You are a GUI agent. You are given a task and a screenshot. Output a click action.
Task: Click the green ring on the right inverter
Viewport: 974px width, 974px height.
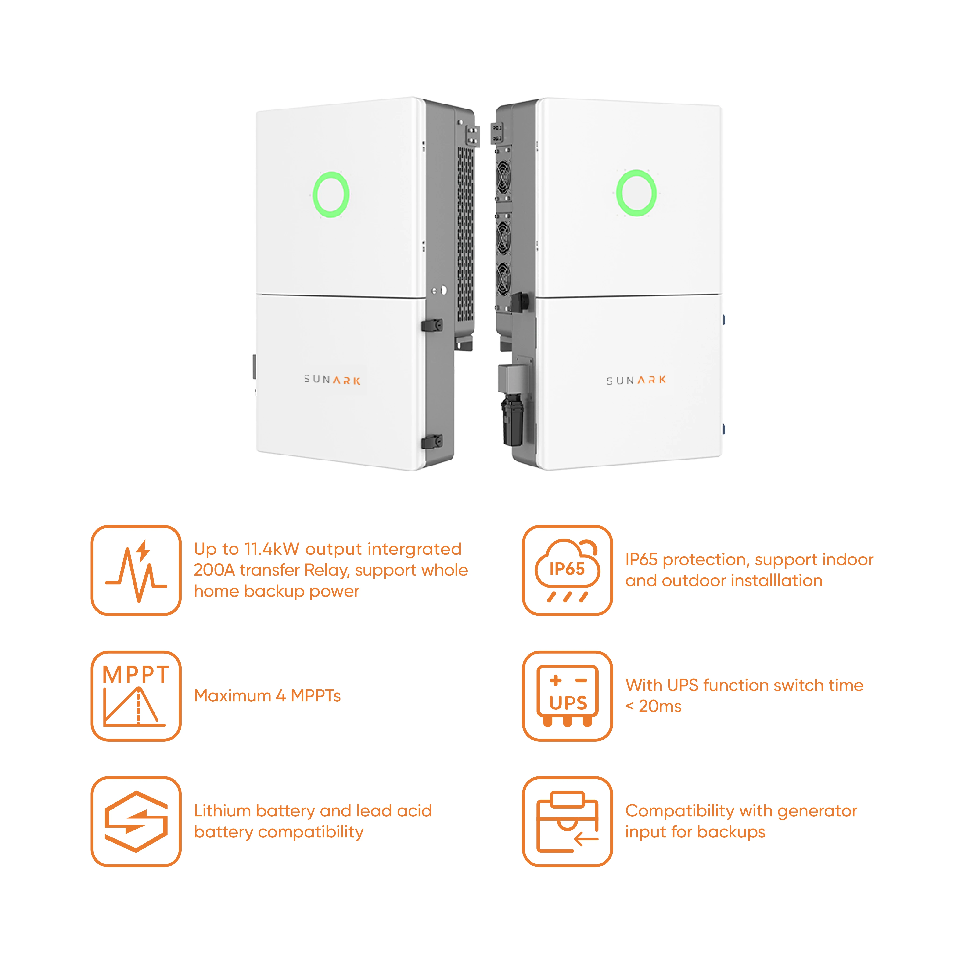[636, 193]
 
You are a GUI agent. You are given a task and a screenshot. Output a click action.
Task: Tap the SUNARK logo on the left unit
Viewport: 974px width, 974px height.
[332, 380]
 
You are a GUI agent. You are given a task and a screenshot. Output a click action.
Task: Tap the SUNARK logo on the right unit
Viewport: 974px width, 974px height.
[636, 380]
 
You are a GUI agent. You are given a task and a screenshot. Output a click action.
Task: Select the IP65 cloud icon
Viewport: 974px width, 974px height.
[567, 570]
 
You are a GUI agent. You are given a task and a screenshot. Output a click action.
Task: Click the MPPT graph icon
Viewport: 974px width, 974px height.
[136, 696]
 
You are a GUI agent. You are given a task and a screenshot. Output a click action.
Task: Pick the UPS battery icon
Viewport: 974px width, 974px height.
[567, 696]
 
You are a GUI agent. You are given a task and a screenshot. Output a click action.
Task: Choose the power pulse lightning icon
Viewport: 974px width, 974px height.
[136, 570]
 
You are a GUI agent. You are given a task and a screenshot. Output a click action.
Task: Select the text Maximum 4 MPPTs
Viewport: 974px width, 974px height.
[267, 696]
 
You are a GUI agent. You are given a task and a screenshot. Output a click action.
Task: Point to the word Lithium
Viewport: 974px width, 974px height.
[222, 811]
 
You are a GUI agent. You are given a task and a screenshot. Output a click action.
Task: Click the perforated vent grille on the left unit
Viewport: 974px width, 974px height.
[465, 234]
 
